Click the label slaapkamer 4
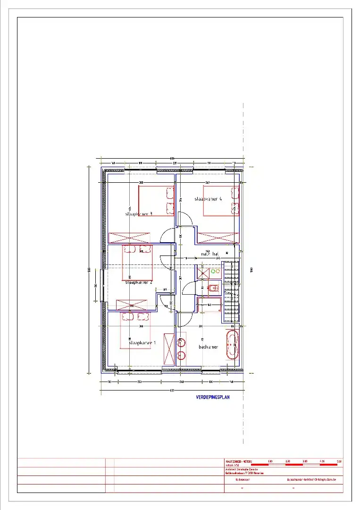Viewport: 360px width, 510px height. pos(208,199)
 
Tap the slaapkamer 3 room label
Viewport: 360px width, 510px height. pos(138,214)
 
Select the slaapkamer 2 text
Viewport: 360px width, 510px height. pos(138,282)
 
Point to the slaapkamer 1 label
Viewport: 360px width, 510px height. pos(142,343)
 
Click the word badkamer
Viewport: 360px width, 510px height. pos(208,347)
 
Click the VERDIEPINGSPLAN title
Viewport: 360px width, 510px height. pos(212,398)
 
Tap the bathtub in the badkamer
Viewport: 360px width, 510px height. pos(232,346)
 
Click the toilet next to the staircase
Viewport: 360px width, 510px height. pos(213,288)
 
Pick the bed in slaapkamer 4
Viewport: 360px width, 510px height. pos(221,201)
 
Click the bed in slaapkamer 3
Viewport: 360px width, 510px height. pos(156,201)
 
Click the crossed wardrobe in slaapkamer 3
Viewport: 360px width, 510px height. pos(129,238)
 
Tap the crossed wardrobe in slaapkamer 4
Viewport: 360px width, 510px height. pos(218,238)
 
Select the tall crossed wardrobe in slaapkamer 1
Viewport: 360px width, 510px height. pos(168,348)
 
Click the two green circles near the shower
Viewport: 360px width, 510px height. pos(215,272)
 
